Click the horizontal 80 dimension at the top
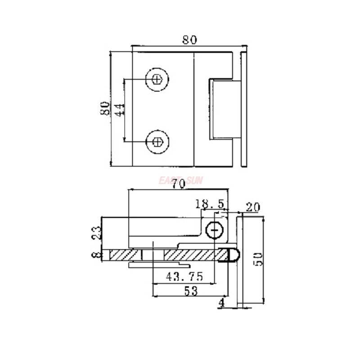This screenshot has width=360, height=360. click(x=189, y=40)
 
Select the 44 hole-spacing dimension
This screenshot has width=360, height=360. click(x=119, y=110)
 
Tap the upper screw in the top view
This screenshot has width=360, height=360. click(x=157, y=80)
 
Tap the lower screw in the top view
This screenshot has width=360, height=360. click(x=157, y=142)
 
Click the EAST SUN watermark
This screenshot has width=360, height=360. click(x=181, y=180)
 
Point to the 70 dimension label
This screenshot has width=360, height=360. click(x=179, y=184)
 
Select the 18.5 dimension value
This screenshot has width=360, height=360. click(x=210, y=204)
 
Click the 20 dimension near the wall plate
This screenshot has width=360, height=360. click(x=253, y=207)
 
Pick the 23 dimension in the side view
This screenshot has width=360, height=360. click(x=97, y=233)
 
